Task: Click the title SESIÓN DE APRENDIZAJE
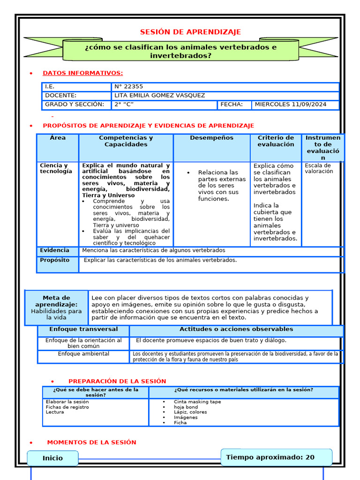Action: (x=190, y=32)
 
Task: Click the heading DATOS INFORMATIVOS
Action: (x=83, y=73)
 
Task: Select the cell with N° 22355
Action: (x=129, y=87)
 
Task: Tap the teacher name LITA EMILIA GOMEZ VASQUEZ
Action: (x=159, y=96)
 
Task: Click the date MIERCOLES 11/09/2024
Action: (x=290, y=105)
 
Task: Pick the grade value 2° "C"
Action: (x=124, y=105)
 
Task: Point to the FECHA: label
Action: (x=232, y=105)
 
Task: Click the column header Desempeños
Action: (x=211, y=138)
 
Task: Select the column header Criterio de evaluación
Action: (x=276, y=141)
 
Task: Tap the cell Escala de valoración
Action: (x=318, y=168)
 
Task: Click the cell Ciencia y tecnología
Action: (x=56, y=168)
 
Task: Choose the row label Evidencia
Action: (x=54, y=250)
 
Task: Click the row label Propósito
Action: (x=54, y=260)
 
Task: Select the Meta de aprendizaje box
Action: (x=56, y=307)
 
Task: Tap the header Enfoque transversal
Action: (x=83, y=330)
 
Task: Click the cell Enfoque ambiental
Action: (x=83, y=354)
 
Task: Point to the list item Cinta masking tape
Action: (x=197, y=402)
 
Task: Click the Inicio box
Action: (x=52, y=458)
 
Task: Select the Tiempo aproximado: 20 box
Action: (x=276, y=457)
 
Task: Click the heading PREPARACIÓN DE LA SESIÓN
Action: (x=117, y=382)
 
